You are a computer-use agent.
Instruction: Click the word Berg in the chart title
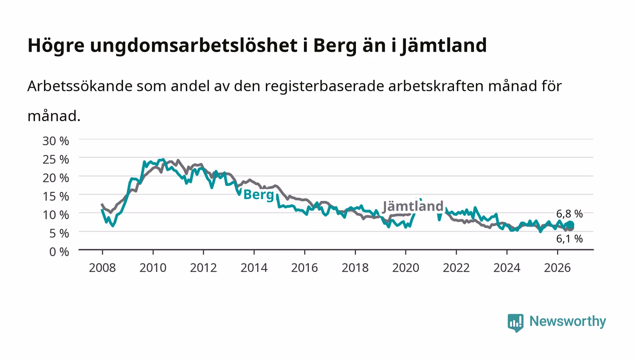[335, 46]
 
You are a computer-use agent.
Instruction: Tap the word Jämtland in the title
[444, 46]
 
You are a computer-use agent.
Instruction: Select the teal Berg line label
[259, 195]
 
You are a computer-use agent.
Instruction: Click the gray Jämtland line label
[413, 206]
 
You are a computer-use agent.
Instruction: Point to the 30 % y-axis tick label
[56, 141]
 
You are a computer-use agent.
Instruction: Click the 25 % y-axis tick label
[56, 160]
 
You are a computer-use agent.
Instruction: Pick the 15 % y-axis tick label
[56, 196]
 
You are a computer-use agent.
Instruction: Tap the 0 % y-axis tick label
[59, 252]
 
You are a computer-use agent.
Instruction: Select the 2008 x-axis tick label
[103, 268]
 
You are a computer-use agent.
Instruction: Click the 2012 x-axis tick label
[204, 268]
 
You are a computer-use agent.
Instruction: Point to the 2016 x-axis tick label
[305, 268]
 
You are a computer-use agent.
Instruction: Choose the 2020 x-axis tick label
[405, 268]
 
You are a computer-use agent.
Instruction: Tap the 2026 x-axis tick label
[557, 268]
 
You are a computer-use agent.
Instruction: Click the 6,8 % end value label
[570, 214]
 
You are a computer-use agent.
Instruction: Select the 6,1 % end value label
[570, 239]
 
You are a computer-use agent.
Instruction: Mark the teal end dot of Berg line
[571, 225]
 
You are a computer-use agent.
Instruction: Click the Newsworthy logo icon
[516, 323]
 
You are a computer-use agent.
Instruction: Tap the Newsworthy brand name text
[568, 321]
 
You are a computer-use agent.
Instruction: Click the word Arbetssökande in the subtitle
[80, 86]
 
